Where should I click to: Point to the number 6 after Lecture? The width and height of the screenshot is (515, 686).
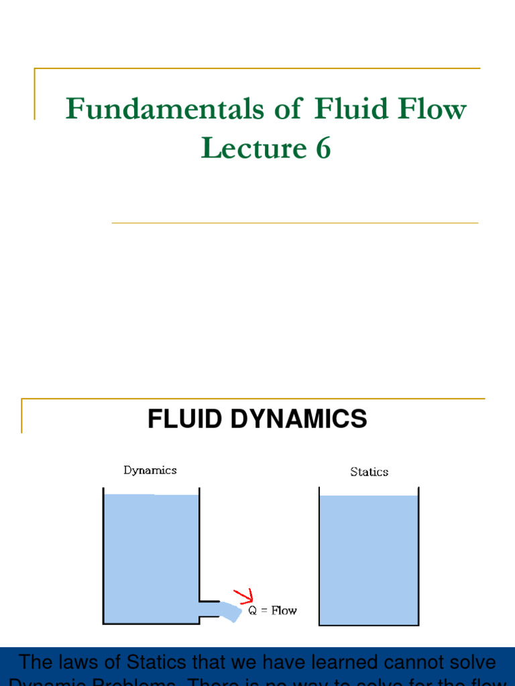[x=323, y=148]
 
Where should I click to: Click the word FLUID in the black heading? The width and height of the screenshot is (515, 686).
[x=184, y=419]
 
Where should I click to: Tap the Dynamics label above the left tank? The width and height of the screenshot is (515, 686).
[x=150, y=470]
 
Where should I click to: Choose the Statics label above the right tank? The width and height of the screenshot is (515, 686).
[x=369, y=472]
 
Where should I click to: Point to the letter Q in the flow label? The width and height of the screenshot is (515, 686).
[x=253, y=611]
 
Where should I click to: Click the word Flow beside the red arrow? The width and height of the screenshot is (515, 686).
[x=284, y=611]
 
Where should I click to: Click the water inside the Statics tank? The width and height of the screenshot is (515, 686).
[x=368, y=559]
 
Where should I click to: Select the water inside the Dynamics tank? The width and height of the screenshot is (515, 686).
[x=151, y=556]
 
